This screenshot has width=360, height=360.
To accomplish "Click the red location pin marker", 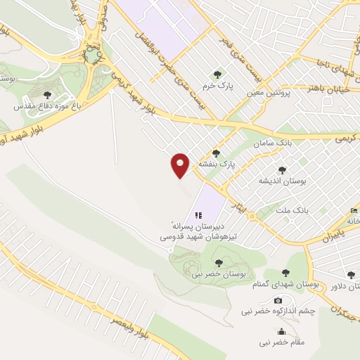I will pyautogui.click(x=180, y=165).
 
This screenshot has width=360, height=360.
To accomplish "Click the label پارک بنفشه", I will pyautogui.click(x=215, y=164).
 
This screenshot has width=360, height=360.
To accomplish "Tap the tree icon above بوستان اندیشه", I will pyautogui.click(x=282, y=169).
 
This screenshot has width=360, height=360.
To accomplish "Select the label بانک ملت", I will pyautogui.click(x=292, y=210).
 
